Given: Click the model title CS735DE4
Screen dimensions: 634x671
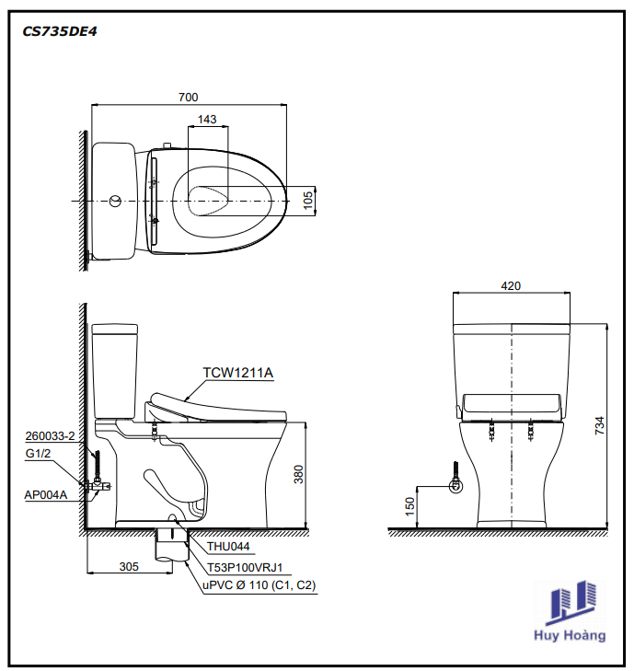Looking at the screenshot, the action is pyautogui.click(x=60, y=31).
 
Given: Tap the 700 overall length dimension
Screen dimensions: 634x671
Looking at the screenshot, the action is pyautogui.click(x=189, y=98).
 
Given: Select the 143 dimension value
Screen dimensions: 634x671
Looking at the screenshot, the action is pyautogui.click(x=207, y=120).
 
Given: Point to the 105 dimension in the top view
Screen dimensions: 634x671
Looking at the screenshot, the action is pyautogui.click(x=308, y=201).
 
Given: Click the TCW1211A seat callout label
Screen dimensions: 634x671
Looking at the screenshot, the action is pyautogui.click(x=237, y=373).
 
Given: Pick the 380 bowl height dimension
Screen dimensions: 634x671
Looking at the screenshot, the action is pyautogui.click(x=299, y=474).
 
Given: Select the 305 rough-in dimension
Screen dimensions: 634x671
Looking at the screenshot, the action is pyautogui.click(x=129, y=567).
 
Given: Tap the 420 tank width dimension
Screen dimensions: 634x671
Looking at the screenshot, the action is pyautogui.click(x=511, y=286).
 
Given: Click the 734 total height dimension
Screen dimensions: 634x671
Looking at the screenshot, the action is pyautogui.click(x=600, y=426).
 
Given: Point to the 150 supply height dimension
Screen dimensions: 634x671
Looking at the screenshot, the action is pyautogui.click(x=409, y=506).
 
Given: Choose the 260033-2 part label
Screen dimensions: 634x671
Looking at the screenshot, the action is pyautogui.click(x=50, y=436).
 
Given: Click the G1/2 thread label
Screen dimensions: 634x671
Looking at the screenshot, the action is pyautogui.click(x=38, y=453).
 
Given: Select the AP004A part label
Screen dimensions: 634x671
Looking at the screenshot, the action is pyautogui.click(x=46, y=495).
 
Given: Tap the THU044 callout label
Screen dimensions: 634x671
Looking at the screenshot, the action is pyautogui.click(x=228, y=547).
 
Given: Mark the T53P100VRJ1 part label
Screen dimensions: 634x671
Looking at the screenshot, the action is pyautogui.click(x=245, y=567).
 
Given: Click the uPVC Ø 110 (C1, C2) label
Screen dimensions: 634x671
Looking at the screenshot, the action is pyautogui.click(x=259, y=585).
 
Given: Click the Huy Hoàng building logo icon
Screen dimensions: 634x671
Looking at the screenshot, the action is pyautogui.click(x=571, y=602).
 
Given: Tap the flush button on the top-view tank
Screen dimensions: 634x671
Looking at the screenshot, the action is pyautogui.click(x=115, y=201).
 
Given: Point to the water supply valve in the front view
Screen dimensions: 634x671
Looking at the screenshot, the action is pyautogui.click(x=456, y=485).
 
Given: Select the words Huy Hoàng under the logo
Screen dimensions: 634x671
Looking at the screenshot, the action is pyautogui.click(x=570, y=635).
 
